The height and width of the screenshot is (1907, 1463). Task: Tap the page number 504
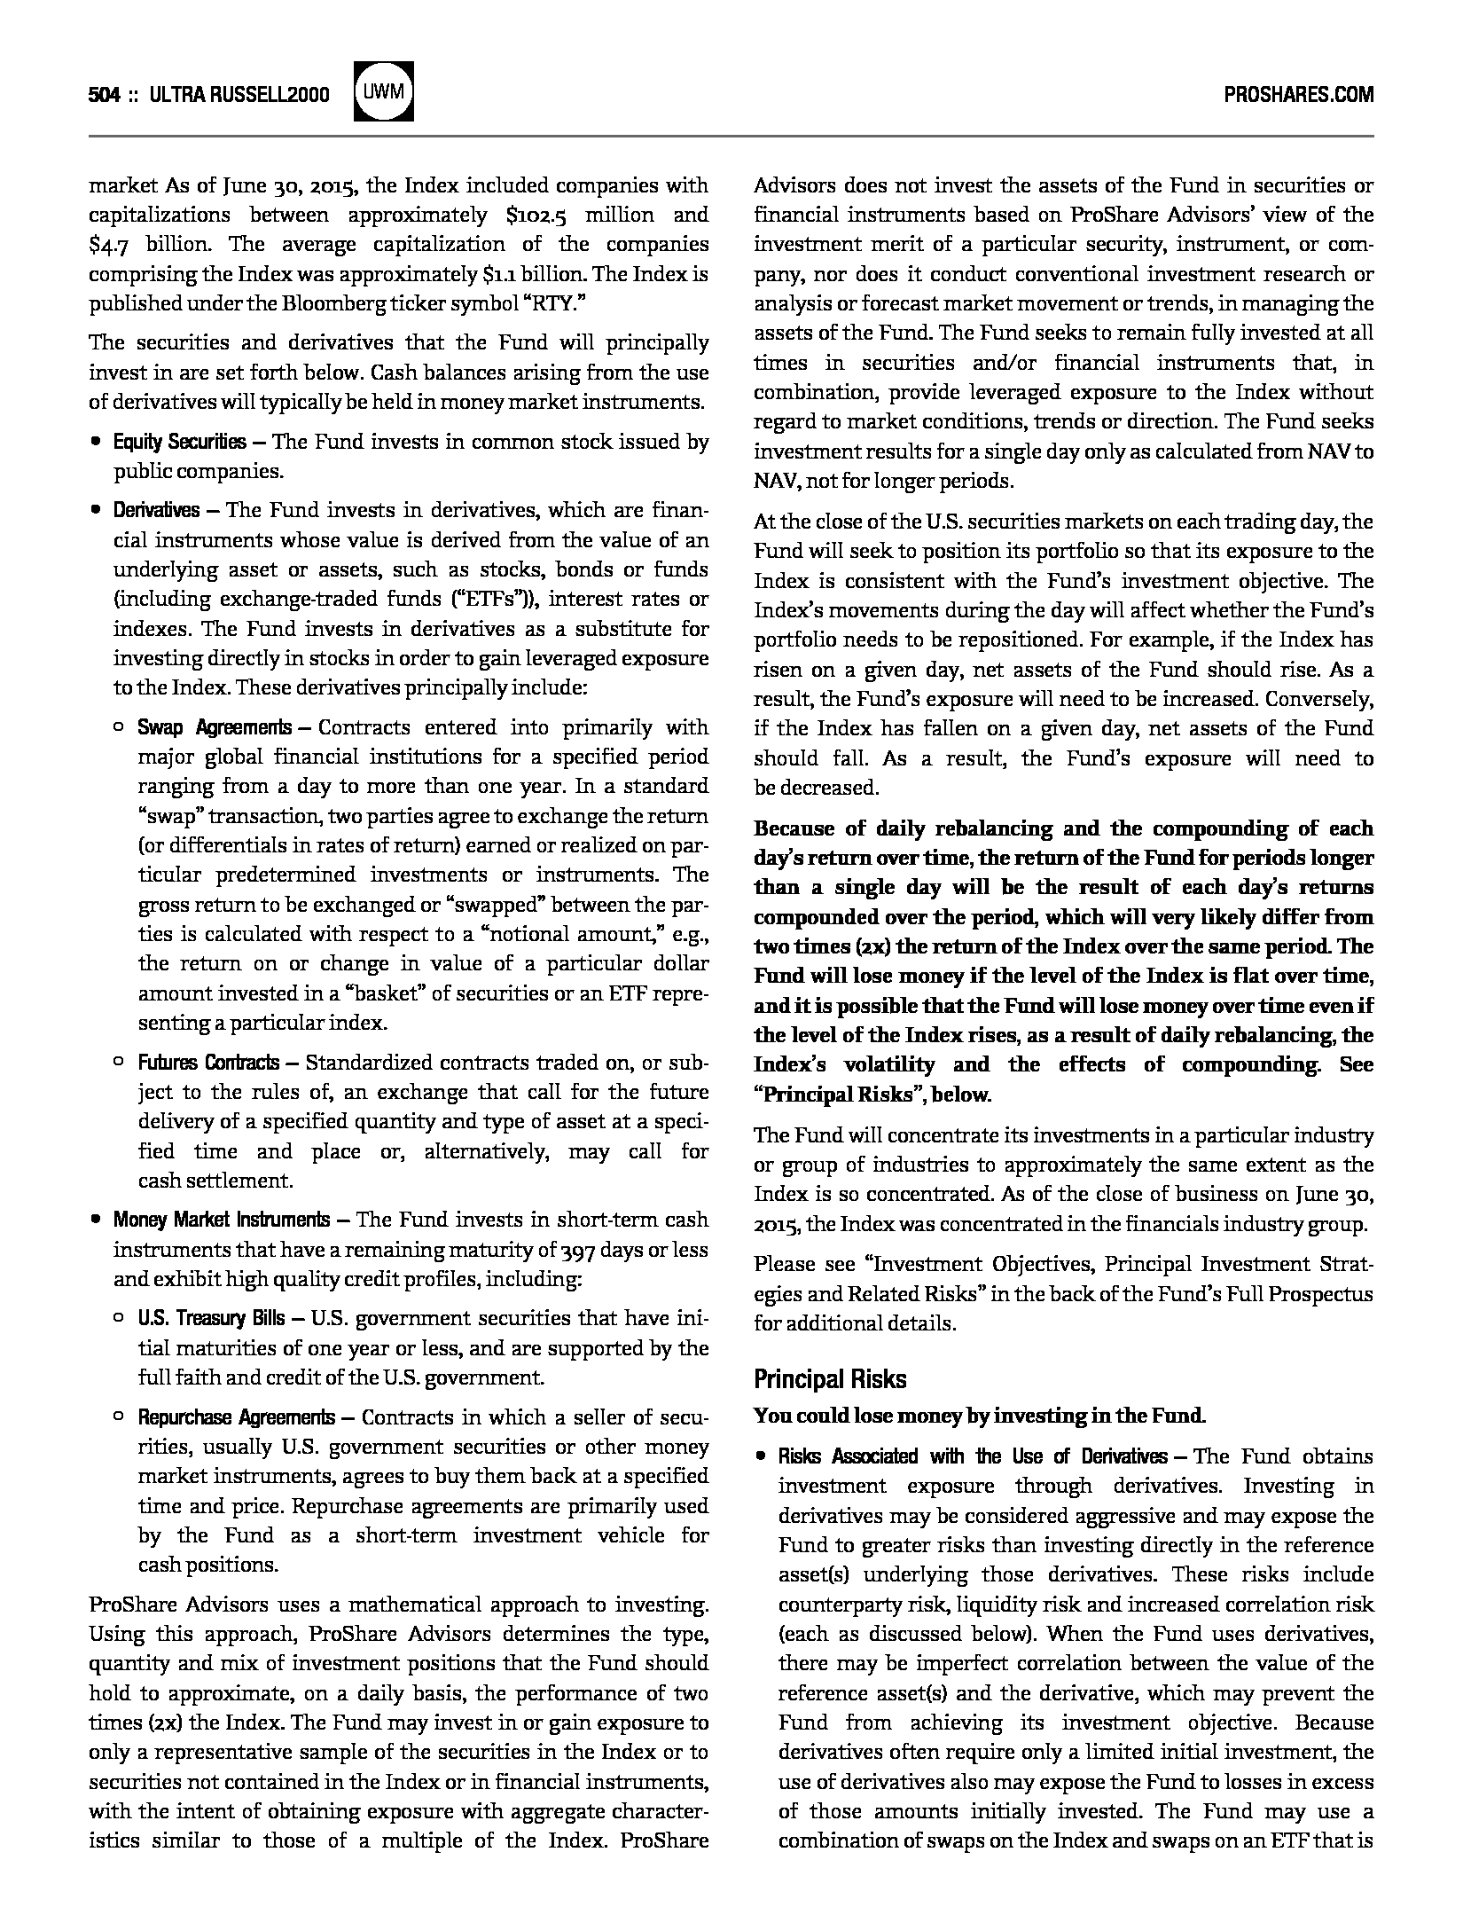(104, 95)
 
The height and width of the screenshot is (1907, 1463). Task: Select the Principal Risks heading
(830, 1379)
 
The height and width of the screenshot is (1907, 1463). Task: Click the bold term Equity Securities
(180, 442)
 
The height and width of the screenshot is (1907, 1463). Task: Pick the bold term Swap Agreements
(214, 728)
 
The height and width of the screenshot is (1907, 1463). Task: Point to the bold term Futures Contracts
(208, 1063)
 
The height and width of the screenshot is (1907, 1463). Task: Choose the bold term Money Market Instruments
(221, 1220)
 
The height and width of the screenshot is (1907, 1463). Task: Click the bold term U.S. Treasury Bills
(211, 1318)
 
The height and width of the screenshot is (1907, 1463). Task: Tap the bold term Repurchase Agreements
(236, 1417)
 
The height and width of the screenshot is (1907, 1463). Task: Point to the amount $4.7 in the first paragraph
(114, 245)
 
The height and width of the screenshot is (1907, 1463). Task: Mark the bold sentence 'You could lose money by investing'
(979, 1416)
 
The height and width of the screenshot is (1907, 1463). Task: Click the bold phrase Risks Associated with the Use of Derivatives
(972, 1456)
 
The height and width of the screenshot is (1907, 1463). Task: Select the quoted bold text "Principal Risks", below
(872, 1095)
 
